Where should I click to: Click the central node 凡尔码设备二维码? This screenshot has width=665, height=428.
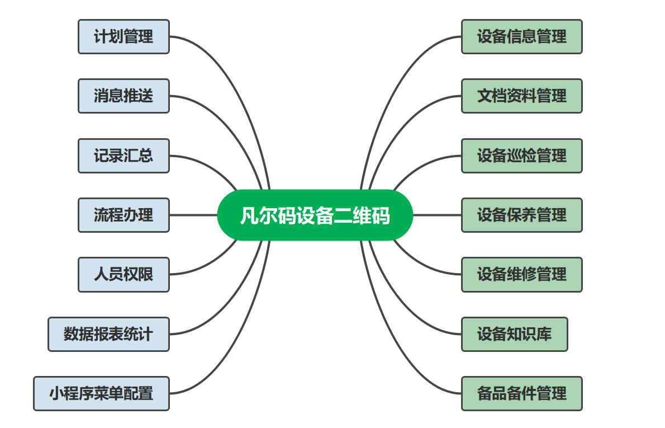click(x=315, y=215)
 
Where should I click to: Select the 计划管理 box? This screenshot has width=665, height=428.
click(x=123, y=37)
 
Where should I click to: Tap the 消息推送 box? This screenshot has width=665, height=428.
click(x=123, y=96)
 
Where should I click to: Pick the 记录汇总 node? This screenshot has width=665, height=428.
click(x=123, y=156)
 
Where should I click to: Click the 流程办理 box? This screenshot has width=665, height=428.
click(x=123, y=215)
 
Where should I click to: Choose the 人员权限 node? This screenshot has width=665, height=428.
click(x=123, y=275)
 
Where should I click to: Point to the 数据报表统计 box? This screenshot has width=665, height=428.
click(x=108, y=334)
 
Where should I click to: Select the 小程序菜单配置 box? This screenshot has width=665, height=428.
click(x=101, y=393)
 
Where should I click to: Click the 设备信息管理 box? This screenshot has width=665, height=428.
click(x=521, y=37)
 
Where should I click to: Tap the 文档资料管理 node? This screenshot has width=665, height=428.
click(x=521, y=96)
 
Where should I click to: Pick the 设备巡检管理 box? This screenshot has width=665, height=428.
click(x=521, y=156)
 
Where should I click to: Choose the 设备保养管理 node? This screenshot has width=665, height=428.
click(x=521, y=215)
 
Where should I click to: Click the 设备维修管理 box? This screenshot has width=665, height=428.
click(x=521, y=275)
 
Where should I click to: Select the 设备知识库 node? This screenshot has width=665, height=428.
click(x=514, y=334)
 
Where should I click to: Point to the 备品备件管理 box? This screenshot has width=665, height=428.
click(x=521, y=393)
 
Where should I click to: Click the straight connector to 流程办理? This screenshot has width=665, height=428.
click(x=193, y=215)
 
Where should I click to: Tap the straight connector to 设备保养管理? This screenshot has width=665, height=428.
click(x=437, y=215)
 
